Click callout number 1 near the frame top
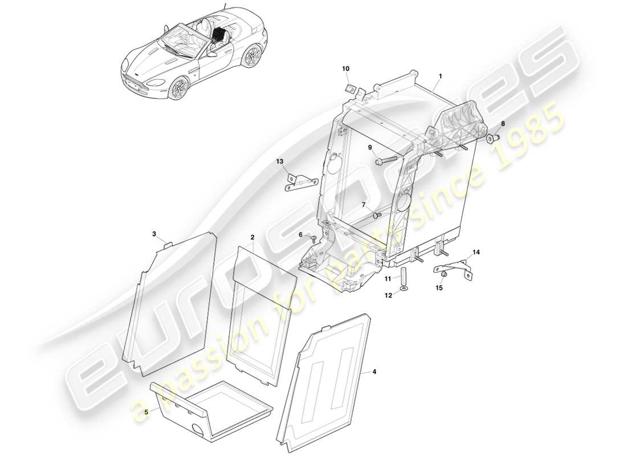tap(440, 75)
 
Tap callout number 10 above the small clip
tap(345, 69)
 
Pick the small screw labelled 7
tap(376, 215)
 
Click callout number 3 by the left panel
tap(154, 234)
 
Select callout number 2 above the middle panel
tap(252, 236)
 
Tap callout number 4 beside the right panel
tap(374, 372)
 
